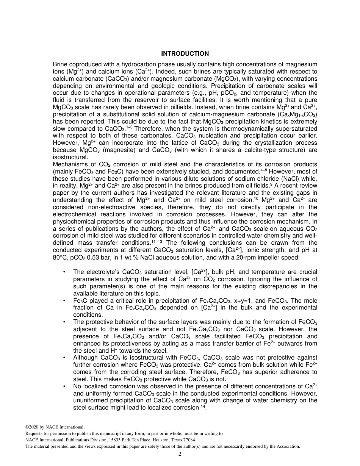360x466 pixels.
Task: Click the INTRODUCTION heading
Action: coord(185,54)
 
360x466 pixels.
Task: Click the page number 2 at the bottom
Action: coord(180,454)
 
